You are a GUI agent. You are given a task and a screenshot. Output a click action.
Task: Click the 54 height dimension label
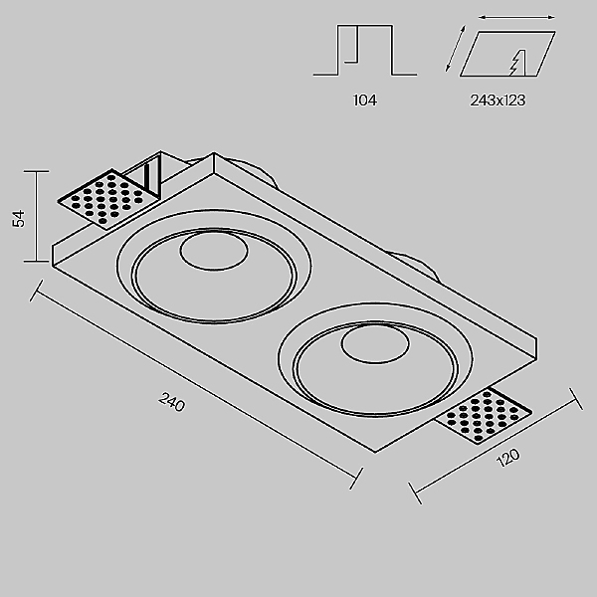[18, 219]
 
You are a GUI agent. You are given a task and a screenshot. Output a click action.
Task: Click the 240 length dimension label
[172, 402]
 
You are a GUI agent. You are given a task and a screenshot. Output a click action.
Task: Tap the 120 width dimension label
[507, 458]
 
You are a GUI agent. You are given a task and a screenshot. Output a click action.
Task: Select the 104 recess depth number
[365, 100]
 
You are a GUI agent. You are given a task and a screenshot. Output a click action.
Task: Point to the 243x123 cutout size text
[497, 100]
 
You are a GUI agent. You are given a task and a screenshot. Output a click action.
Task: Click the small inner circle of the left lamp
[214, 250]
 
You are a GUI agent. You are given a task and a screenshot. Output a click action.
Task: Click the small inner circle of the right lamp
[375, 343]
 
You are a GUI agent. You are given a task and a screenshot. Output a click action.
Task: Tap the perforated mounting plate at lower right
[484, 415]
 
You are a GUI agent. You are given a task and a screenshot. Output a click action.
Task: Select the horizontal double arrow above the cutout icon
[516, 17]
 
